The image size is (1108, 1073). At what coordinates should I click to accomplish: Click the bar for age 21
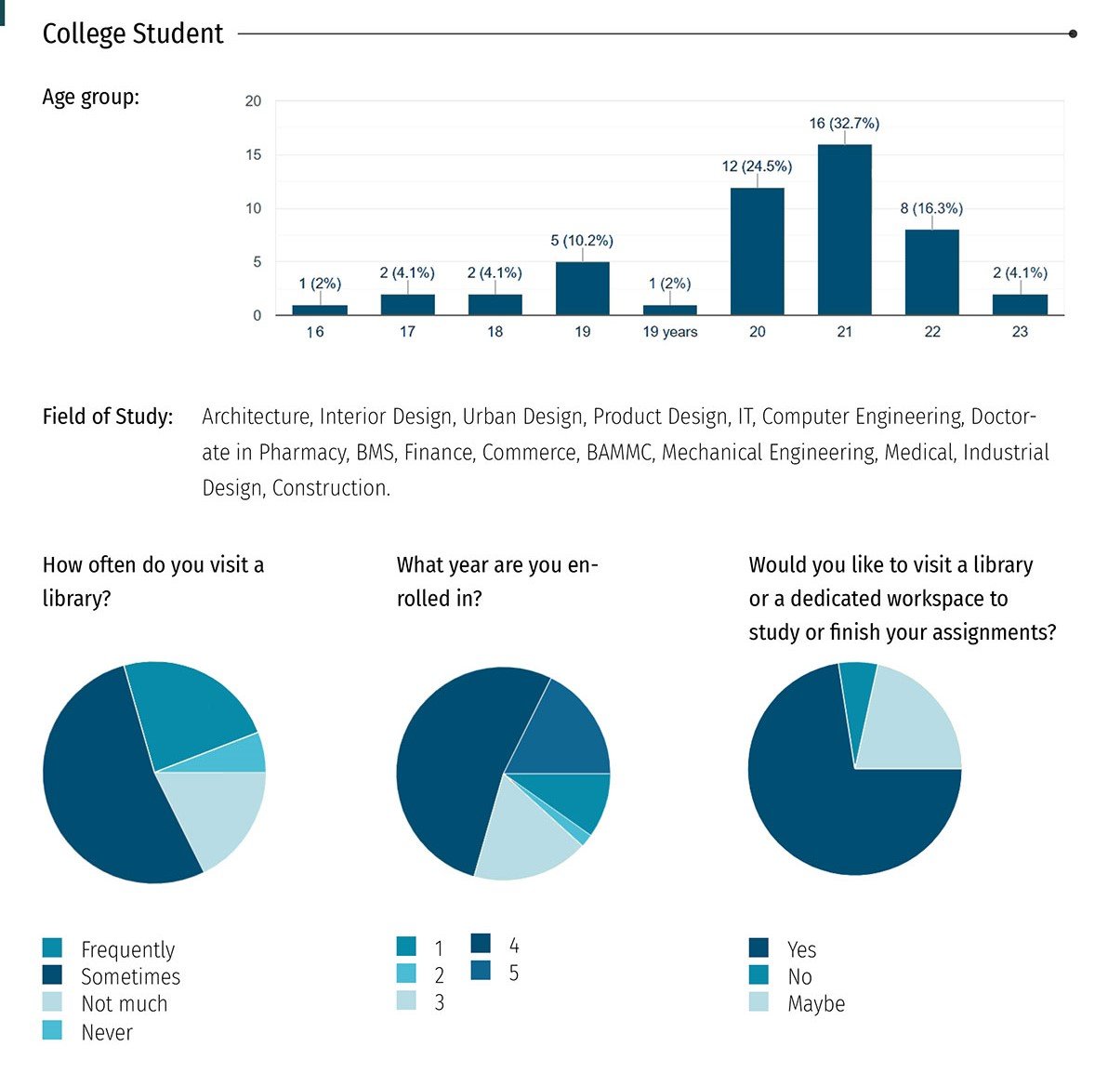click(x=844, y=230)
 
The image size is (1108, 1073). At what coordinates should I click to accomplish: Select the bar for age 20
click(x=757, y=251)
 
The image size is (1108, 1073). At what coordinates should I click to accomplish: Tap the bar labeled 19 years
click(x=669, y=310)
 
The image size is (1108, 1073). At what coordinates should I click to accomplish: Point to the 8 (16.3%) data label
click(x=930, y=208)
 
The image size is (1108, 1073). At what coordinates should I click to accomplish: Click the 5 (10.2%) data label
click(x=582, y=241)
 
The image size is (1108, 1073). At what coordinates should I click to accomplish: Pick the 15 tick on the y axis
click(x=253, y=155)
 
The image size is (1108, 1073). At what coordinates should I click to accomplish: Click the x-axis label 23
click(x=1020, y=332)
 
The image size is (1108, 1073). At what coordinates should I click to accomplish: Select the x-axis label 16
click(x=315, y=332)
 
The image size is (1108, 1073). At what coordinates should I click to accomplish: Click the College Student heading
click(x=133, y=34)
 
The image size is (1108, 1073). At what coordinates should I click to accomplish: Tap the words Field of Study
click(x=108, y=417)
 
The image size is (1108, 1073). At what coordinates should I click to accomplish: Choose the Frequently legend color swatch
click(x=52, y=948)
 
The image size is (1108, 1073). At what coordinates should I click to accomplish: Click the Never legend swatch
click(x=52, y=1030)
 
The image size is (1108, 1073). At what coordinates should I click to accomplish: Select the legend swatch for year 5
click(x=481, y=972)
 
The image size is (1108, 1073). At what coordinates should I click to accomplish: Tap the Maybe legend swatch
click(x=758, y=1002)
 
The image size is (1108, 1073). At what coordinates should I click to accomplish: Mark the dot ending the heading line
click(x=1073, y=33)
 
